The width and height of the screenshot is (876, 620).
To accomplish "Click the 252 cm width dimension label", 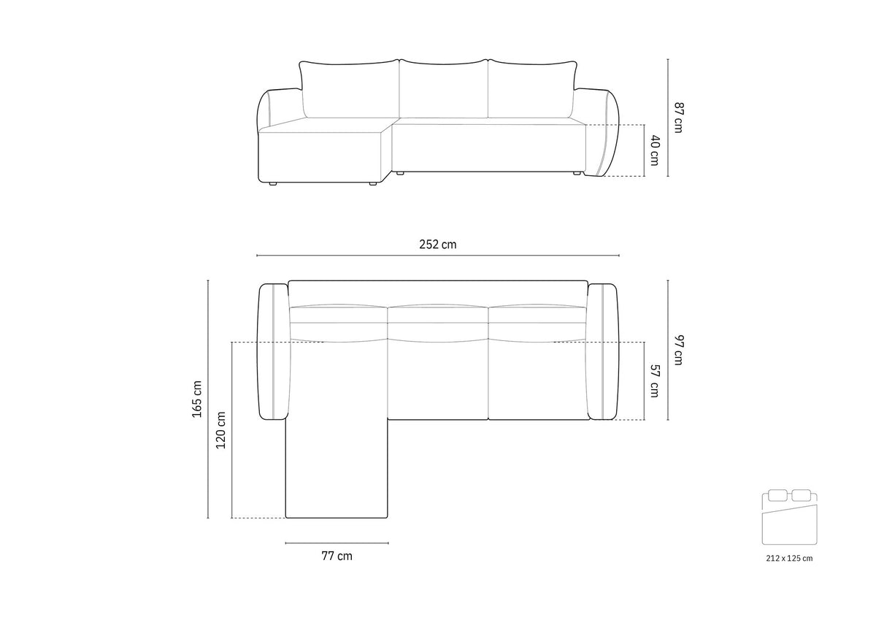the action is pyautogui.click(x=437, y=245).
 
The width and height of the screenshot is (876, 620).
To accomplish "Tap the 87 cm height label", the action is pyautogui.click(x=679, y=118).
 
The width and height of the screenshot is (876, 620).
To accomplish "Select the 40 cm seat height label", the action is pyautogui.click(x=655, y=150).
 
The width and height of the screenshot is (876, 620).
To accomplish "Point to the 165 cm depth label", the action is pyautogui.click(x=197, y=399).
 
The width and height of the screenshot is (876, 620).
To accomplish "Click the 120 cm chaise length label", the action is pyautogui.click(x=221, y=430).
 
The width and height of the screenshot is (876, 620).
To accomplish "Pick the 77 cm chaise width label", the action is pyautogui.click(x=337, y=556).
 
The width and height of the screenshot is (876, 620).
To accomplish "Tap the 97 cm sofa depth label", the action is pyautogui.click(x=679, y=350).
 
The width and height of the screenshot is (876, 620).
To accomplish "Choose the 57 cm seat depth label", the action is pyautogui.click(x=655, y=380).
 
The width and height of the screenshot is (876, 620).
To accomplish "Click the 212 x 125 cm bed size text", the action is pyautogui.click(x=789, y=559).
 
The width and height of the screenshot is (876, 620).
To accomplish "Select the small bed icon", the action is pyautogui.click(x=789, y=516).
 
